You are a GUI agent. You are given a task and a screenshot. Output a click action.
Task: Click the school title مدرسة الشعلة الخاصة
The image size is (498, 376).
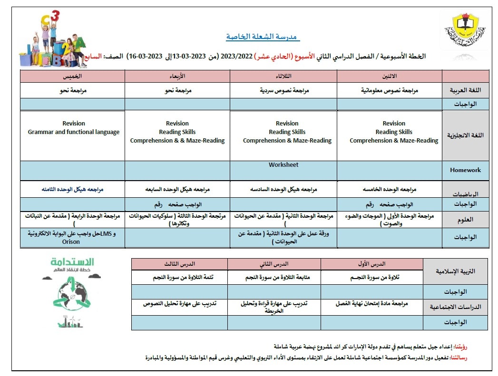pos(263,37)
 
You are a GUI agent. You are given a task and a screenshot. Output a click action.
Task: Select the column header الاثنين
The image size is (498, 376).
pos(389,76)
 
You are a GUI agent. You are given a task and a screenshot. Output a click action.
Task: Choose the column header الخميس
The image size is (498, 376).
pos(72,76)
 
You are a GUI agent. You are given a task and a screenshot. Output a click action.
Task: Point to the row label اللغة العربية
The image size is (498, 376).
pos(465,90)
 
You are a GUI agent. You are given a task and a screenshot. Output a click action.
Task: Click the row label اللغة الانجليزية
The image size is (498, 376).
pos(465,135)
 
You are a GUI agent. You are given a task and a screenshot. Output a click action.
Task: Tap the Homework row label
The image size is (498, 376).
pos(465,170)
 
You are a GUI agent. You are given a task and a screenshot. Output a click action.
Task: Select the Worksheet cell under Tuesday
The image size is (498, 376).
pos(283,165)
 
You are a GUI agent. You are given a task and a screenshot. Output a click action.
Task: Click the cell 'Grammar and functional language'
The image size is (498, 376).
pos(74,132)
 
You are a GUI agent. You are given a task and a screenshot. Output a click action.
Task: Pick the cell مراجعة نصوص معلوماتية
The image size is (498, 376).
pos(389,90)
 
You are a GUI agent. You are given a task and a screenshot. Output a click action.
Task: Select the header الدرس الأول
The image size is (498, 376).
pos(371,263)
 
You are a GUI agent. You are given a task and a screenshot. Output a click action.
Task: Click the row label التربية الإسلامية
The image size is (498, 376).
pos(455,271)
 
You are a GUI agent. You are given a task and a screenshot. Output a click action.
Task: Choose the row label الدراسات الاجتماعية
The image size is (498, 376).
pos(455,307)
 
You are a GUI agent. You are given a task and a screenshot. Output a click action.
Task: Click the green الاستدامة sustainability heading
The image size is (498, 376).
pos(72,262)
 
